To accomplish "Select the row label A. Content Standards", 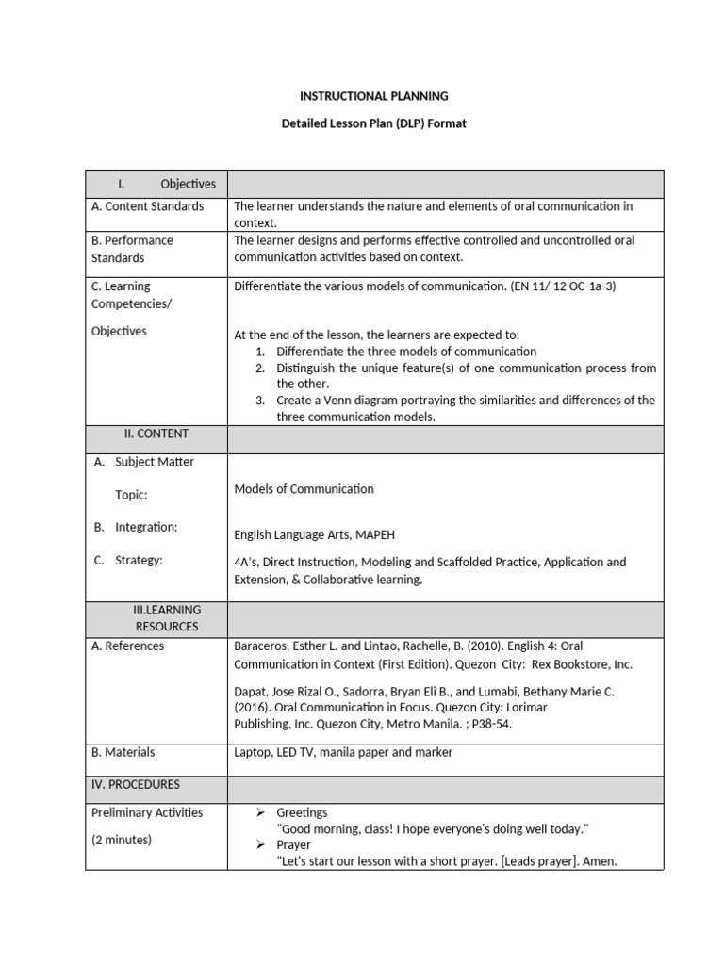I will coord(147,206).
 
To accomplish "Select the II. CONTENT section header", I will coord(156,433).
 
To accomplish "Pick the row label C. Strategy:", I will coord(128,560).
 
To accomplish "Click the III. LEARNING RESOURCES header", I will coord(166,617).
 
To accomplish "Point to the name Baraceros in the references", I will coord(262,646).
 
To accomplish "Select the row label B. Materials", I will coord(123,752).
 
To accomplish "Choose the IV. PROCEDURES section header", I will coord(136,784).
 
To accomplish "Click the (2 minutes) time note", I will coord(121,839).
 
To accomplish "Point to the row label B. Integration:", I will coord(136,527).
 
